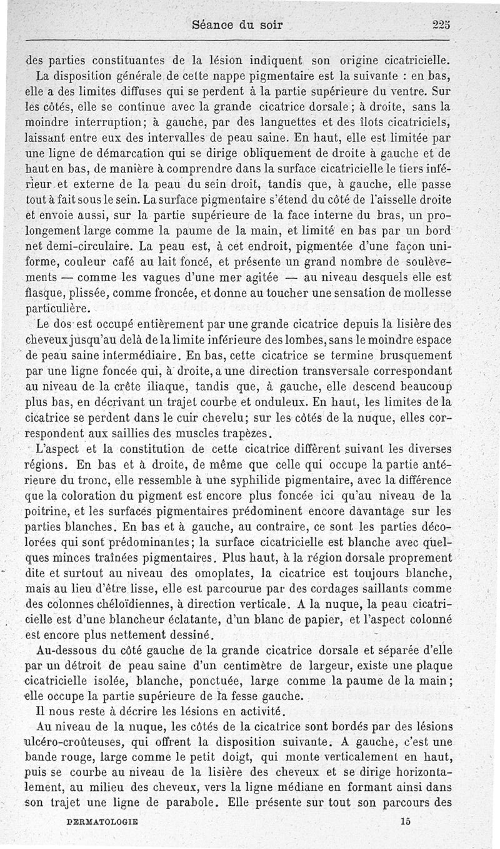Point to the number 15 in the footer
406,823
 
